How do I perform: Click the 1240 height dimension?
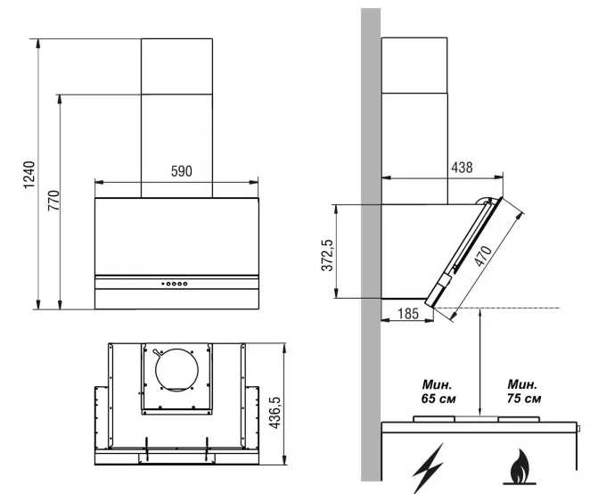tap(29, 174)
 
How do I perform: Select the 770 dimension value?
tap(53, 200)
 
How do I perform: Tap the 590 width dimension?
tap(181, 171)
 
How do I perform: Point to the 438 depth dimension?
tap(462, 168)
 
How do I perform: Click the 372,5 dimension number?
tap(327, 255)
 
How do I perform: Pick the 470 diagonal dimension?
tap(483, 256)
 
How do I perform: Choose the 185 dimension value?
tap(407, 313)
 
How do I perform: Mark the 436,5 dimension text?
tap(274, 412)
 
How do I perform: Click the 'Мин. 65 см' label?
tap(438, 391)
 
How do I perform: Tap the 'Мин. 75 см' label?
tap(524, 391)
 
